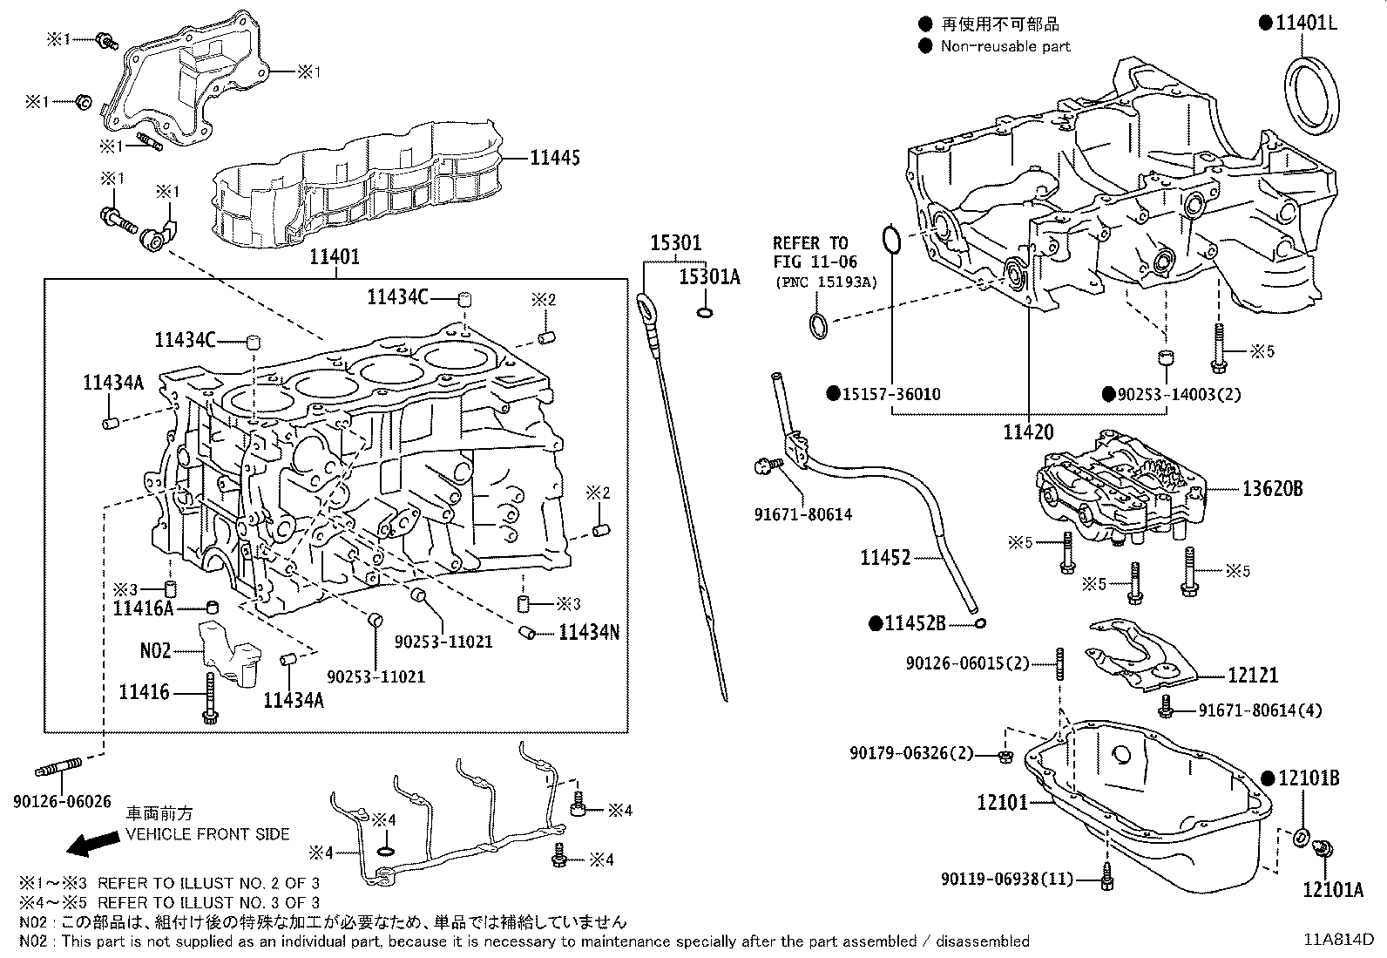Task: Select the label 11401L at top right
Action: coord(1305,24)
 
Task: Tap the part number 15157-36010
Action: coord(890,394)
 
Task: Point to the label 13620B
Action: coord(1272,489)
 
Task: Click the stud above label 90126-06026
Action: coord(59,768)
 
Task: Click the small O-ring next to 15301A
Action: coord(706,312)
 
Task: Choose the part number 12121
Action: coord(1253,675)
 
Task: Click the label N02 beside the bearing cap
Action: coord(156,650)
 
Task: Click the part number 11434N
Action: coord(588,632)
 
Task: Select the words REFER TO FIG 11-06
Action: coord(815,252)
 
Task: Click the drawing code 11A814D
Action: coord(1337,940)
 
